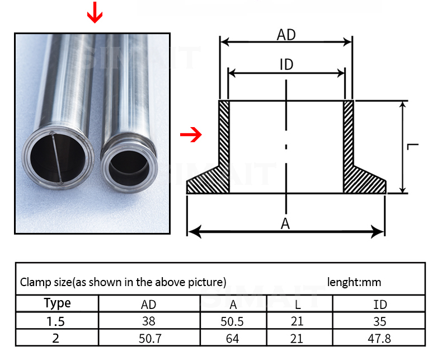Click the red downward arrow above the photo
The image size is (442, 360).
95,12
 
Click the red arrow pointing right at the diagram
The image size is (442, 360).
191,134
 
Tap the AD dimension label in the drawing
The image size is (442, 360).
286,35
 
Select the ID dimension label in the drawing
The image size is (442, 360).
286,64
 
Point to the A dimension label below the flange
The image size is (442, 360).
285,224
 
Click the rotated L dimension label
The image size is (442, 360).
413,147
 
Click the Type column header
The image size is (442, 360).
58,303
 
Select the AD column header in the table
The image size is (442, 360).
149,305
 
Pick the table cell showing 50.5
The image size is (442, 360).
232,321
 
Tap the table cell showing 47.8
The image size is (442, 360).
379,339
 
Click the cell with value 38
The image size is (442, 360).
149,321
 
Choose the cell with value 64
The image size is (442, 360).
233,339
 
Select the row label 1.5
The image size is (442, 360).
55,321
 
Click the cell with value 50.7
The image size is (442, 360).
151,339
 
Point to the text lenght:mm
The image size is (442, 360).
354,282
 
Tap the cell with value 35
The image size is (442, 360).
380,321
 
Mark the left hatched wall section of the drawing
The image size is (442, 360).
224,133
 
